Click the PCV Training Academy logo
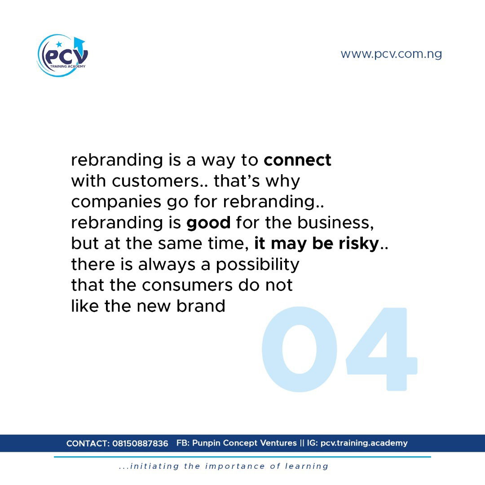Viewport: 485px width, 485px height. click(62, 55)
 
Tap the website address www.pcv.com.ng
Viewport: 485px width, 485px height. click(391, 54)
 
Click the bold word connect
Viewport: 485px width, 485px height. click(298, 160)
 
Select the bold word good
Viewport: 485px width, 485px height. click(208, 223)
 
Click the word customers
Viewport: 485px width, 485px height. click(155, 181)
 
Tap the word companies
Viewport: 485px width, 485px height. click(116, 203)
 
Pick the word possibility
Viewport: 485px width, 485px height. click(258, 265)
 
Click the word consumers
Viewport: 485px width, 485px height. click(187, 286)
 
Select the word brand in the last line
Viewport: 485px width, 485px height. click(201, 306)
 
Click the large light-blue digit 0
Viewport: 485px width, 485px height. click(300, 349)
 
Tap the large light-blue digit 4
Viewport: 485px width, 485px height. click(382, 349)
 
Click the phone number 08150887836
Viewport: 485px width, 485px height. click(140, 444)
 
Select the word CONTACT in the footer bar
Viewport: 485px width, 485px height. click(88, 444)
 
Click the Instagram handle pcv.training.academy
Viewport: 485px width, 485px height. click(364, 443)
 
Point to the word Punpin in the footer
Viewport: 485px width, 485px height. click(206, 443)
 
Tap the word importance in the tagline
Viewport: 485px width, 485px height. click(235, 467)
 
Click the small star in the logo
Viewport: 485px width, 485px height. click(59, 44)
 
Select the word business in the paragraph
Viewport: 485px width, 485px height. click(335, 223)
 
